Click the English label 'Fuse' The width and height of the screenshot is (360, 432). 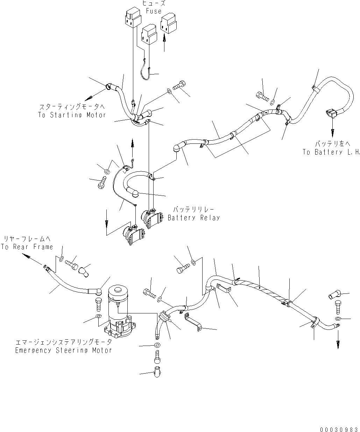coord(154,11)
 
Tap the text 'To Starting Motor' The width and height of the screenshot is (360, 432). coord(72,115)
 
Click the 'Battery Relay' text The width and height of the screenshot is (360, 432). coord(194,218)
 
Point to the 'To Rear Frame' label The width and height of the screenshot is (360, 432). coord(27,247)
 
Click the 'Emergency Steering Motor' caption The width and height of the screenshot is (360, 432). coord(63,350)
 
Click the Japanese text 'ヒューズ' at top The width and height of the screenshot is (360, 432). coord(154,3)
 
